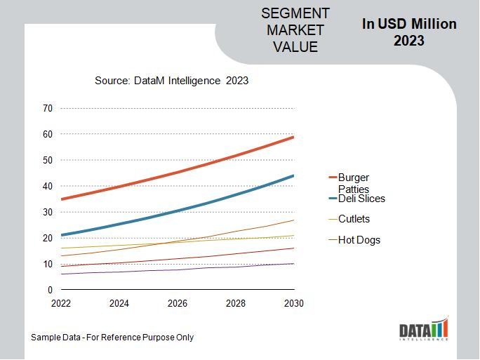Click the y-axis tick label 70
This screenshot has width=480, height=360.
coord(48,108)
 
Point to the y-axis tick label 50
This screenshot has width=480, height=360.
coord(48,160)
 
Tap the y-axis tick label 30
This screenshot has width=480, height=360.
coord(48,212)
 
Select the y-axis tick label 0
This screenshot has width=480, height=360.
coord(50,290)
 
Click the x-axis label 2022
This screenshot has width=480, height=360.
coord(61,304)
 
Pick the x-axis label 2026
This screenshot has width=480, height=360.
coord(178,304)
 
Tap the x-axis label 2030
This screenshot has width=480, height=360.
coord(293,304)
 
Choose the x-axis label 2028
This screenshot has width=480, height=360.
coord(236,304)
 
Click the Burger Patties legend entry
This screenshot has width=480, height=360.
coord(353,183)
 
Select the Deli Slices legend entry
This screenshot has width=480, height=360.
coord(361,199)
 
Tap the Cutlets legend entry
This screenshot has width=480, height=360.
coord(354,219)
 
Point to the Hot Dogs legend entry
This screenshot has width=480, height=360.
coord(359,240)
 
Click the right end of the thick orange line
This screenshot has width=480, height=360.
coord(293,137)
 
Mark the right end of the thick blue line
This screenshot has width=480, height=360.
coord(293,175)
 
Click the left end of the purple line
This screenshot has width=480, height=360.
coord(62,274)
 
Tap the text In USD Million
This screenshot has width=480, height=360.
coord(409,24)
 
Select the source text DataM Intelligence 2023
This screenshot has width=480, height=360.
coord(171,81)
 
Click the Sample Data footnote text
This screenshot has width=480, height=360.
coord(112,338)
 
